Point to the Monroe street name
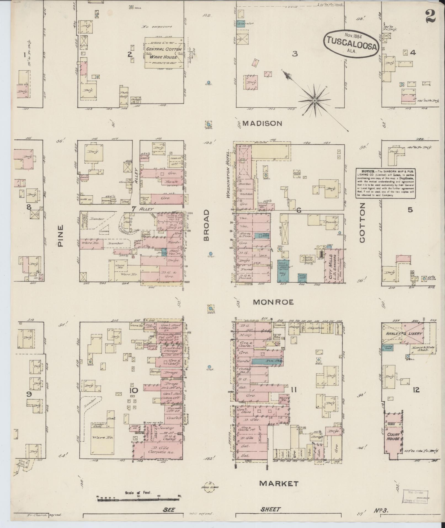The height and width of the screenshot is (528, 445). tap(273, 302)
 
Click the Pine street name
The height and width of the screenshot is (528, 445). tap(61, 235)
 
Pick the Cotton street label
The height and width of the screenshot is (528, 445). tap(362, 223)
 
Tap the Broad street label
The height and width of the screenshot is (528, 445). tap(207, 225)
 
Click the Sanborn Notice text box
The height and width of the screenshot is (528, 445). tap(385, 183)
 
